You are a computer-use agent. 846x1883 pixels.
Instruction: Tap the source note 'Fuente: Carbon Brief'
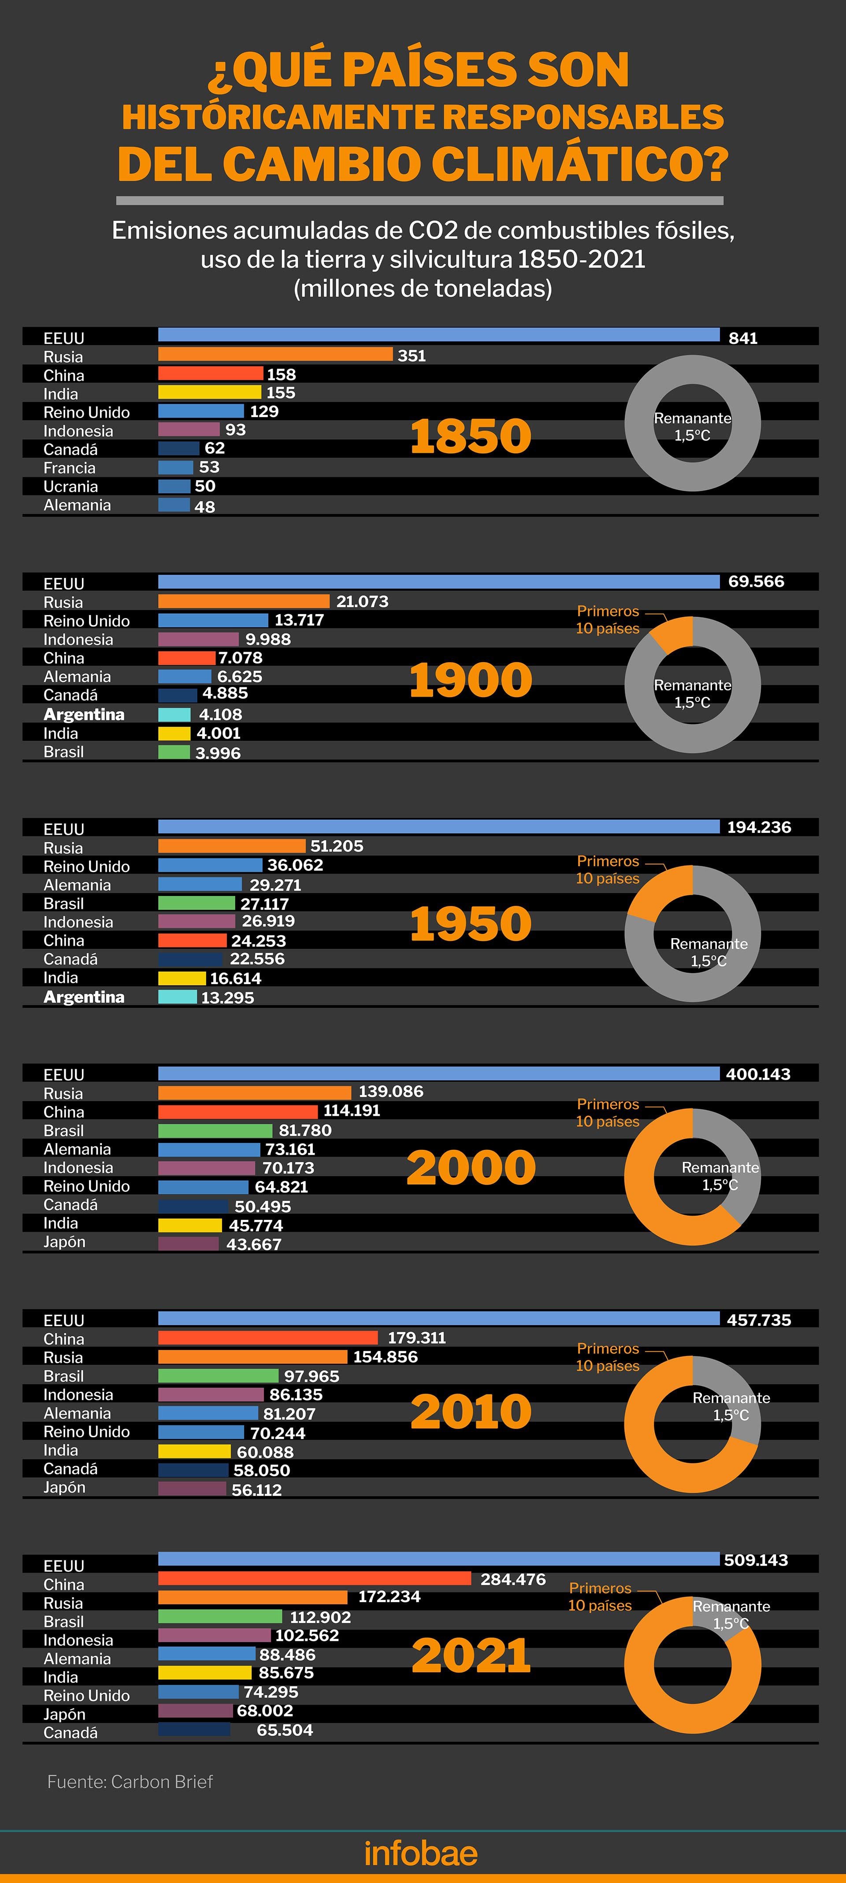(130, 1782)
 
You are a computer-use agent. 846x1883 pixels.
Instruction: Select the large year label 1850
(471, 436)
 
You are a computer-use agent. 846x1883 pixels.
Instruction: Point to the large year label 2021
(471, 1656)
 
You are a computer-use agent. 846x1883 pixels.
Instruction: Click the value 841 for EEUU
(743, 338)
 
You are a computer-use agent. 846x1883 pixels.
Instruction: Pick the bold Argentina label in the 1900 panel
(84, 714)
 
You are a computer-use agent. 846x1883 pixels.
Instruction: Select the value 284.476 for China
(513, 1579)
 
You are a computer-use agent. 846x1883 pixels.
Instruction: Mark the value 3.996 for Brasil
(218, 753)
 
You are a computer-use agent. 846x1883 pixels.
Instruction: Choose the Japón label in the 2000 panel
(64, 1242)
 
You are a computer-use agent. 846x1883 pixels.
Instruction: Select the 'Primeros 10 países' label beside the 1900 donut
(608, 620)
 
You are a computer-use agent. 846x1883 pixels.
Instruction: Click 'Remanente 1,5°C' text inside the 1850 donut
(693, 427)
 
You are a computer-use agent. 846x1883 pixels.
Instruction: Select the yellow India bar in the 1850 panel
(210, 392)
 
